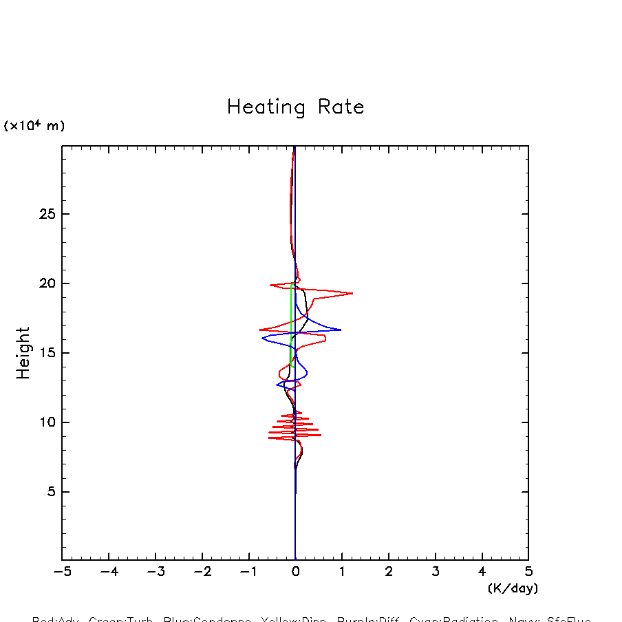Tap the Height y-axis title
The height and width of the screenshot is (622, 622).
23,352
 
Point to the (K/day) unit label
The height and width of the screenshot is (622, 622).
512,588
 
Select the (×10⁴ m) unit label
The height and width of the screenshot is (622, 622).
34,126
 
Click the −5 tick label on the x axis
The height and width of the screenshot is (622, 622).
62,572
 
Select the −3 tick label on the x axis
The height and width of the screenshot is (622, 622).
155,572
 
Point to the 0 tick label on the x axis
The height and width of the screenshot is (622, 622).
295,572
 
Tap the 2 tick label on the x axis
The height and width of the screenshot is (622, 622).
389,572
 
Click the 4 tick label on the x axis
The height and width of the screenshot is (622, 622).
482,572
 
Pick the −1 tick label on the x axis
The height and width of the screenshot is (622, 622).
248,572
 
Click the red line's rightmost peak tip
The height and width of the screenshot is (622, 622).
353,293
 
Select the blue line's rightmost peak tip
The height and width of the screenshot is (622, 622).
341,330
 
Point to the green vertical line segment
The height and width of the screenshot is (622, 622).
292,310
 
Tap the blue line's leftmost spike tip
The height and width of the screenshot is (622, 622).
262,337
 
